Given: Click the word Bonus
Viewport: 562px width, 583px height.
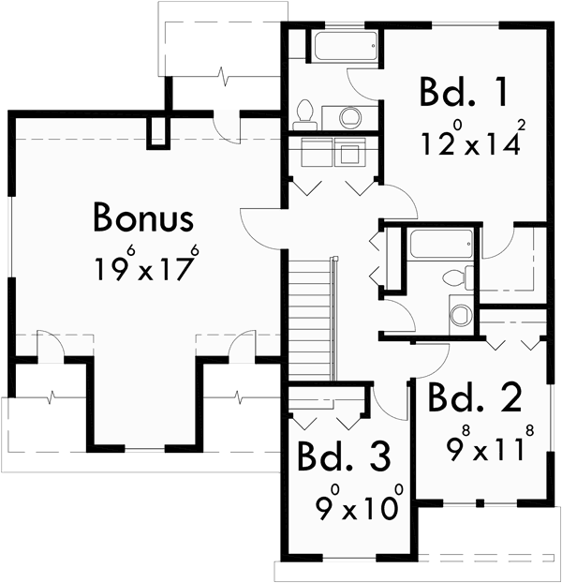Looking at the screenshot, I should [143, 218].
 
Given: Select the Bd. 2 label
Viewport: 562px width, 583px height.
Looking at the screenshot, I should [474, 399].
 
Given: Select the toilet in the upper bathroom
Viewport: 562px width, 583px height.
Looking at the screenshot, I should [303, 114].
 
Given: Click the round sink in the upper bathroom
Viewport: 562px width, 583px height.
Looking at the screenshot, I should [348, 117].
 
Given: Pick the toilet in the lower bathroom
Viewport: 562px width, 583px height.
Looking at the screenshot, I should [454, 277].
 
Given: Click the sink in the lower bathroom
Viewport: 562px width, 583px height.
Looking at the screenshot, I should [459, 313].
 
